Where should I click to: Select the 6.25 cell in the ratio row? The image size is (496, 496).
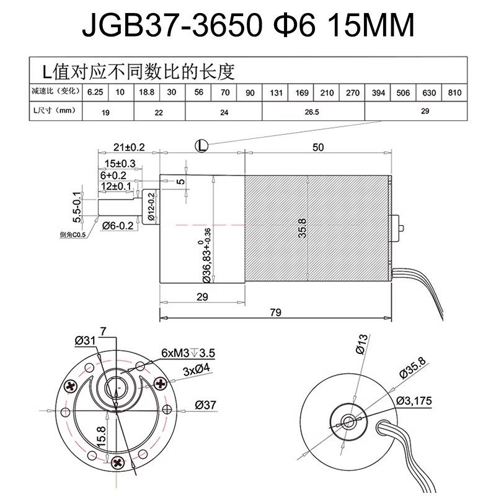click(x=94, y=92)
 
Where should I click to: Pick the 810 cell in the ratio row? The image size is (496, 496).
click(x=454, y=93)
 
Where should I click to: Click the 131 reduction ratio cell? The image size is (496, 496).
click(x=275, y=93)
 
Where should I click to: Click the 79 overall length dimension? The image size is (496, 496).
click(x=275, y=312)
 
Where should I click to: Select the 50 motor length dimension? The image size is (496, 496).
click(x=319, y=147)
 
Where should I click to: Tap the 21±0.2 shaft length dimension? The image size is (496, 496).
click(x=129, y=147)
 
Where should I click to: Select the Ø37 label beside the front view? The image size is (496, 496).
click(x=205, y=405)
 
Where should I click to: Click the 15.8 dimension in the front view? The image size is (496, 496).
click(x=100, y=435)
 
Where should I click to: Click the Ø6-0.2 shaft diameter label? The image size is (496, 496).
click(x=117, y=224)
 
